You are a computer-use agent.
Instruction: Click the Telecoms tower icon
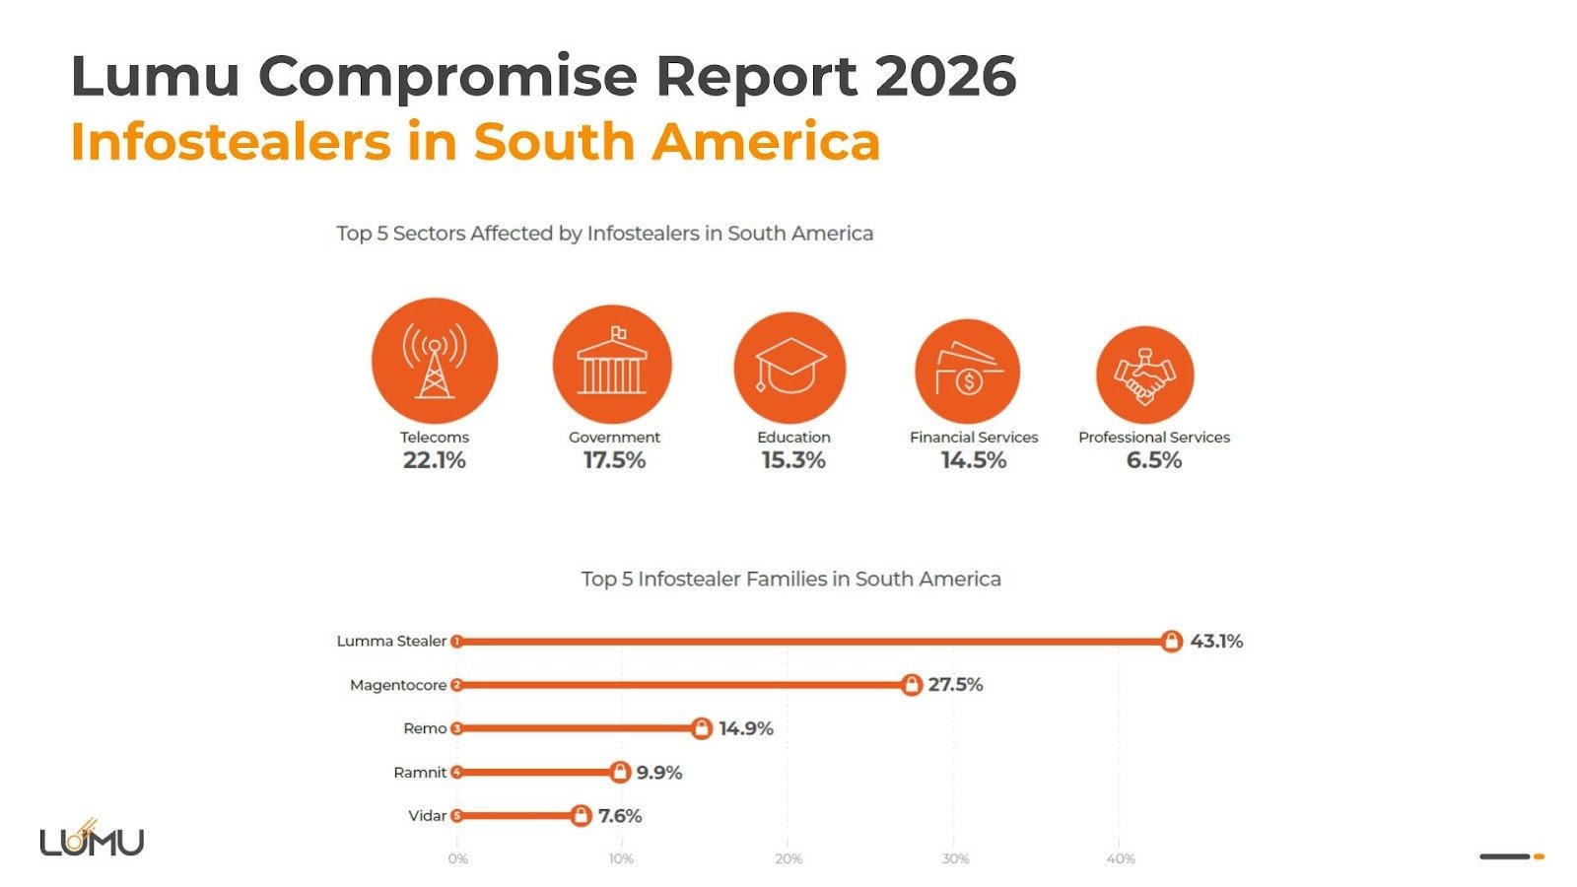tap(434, 361)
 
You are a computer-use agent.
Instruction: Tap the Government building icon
tap(612, 364)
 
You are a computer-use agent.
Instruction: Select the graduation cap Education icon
tap(789, 367)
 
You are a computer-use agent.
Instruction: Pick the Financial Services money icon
tap(967, 371)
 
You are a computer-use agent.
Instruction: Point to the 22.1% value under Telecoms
tap(434, 460)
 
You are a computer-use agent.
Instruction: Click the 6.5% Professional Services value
tap(1153, 460)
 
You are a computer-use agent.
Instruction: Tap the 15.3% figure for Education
tap(793, 460)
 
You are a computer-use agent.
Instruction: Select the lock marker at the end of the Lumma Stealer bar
tap(1171, 642)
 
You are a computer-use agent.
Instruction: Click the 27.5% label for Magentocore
tap(955, 684)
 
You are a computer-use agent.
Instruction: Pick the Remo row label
tap(425, 728)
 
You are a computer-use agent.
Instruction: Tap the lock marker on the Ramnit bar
tap(619, 772)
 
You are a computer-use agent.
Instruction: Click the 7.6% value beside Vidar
tap(620, 816)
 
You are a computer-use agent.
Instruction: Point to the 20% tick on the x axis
tap(788, 859)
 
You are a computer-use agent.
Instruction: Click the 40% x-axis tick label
tap(1121, 859)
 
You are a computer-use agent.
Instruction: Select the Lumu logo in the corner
tap(92, 840)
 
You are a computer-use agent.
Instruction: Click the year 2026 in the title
tap(944, 76)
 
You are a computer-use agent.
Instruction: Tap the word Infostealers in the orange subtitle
tap(231, 141)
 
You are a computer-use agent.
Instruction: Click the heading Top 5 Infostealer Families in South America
tap(790, 580)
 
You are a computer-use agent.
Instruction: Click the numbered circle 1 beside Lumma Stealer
tap(456, 642)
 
